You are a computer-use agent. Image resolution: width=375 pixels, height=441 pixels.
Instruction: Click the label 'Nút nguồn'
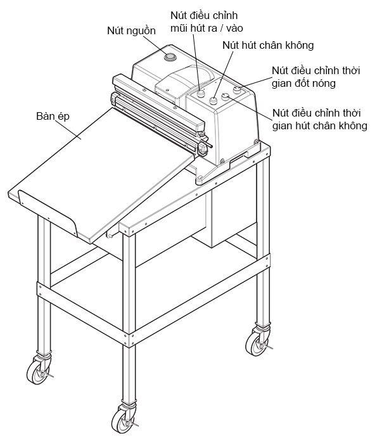point(131,30)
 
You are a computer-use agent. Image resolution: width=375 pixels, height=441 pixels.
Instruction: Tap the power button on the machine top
point(170,57)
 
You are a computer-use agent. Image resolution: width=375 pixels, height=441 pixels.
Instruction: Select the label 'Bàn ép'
point(53,117)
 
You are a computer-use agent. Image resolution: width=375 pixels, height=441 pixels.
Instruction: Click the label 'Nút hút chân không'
point(268,45)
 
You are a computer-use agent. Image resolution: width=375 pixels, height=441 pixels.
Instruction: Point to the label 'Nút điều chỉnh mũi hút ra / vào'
point(207,22)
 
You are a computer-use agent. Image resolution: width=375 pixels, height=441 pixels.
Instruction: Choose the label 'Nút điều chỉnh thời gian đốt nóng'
point(316,77)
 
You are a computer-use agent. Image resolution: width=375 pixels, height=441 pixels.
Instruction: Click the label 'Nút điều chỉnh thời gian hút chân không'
point(320,119)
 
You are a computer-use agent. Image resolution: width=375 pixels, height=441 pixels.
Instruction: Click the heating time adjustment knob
point(238,90)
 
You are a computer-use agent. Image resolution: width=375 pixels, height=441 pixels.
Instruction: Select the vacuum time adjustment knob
point(226,96)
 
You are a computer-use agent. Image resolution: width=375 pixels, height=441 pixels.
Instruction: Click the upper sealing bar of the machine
point(158,100)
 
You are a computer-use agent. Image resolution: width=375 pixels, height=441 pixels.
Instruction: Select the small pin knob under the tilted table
point(109,235)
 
